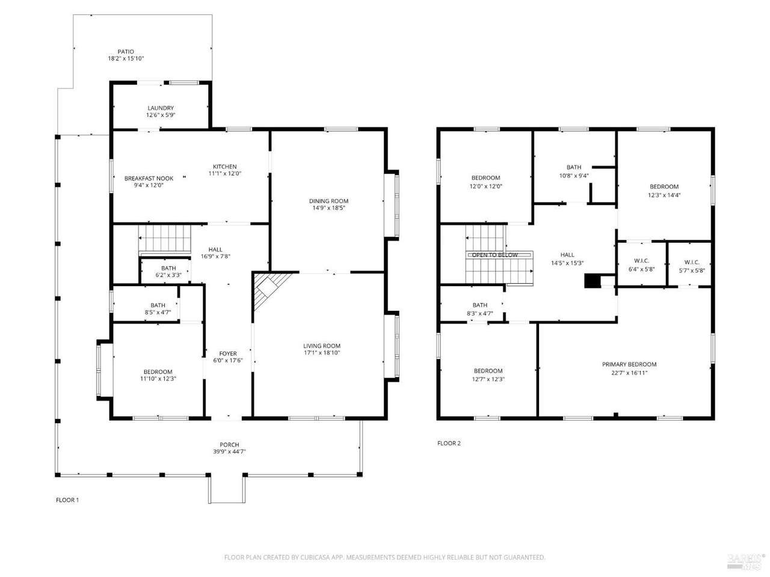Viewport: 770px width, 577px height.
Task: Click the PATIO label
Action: click(x=126, y=52)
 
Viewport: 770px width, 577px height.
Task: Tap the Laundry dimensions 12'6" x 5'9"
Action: click(x=160, y=115)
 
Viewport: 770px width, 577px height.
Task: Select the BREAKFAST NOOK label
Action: click(x=149, y=179)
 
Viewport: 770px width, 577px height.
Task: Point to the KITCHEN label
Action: click(x=224, y=166)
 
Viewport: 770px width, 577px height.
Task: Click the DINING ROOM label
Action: click(x=328, y=201)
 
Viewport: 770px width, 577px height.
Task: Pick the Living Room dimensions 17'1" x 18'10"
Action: click(x=322, y=353)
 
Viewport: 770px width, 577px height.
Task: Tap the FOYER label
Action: click(x=227, y=353)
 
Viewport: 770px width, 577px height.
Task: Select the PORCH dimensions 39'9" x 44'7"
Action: click(x=229, y=451)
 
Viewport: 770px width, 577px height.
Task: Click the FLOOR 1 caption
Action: click(x=67, y=500)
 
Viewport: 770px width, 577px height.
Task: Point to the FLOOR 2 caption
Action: click(x=449, y=443)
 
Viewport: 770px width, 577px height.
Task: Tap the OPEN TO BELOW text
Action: click(x=494, y=255)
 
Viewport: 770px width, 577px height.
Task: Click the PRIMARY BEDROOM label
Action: click(x=629, y=364)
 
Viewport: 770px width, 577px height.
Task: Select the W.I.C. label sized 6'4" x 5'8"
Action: click(x=641, y=261)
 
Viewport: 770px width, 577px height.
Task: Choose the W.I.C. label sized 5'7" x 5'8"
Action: click(x=691, y=262)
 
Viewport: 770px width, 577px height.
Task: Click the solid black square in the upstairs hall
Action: click(x=592, y=281)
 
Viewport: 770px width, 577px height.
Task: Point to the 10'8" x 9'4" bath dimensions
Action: click(x=573, y=176)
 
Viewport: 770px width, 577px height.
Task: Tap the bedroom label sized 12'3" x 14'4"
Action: click(x=664, y=187)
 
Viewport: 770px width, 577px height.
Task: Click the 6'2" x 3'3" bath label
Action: click(x=168, y=268)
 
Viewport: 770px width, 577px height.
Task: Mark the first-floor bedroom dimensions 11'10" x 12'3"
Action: click(x=158, y=379)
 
